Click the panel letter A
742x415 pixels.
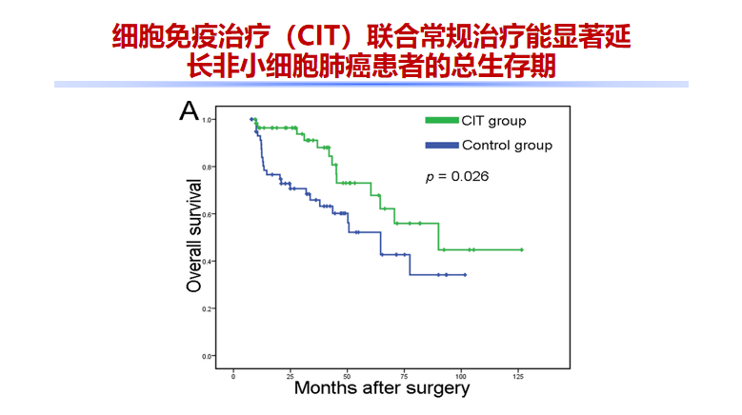coord(189,112)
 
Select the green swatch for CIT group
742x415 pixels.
coord(440,121)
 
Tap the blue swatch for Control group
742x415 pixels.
coord(440,146)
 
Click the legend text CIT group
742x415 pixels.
coord(493,121)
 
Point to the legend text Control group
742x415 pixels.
coord(507,146)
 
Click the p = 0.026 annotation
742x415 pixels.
coord(457,176)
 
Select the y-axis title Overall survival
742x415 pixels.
coord(193,235)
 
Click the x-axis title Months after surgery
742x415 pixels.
coord(381,388)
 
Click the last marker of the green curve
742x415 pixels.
coord(522,249)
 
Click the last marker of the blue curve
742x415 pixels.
coord(465,275)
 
